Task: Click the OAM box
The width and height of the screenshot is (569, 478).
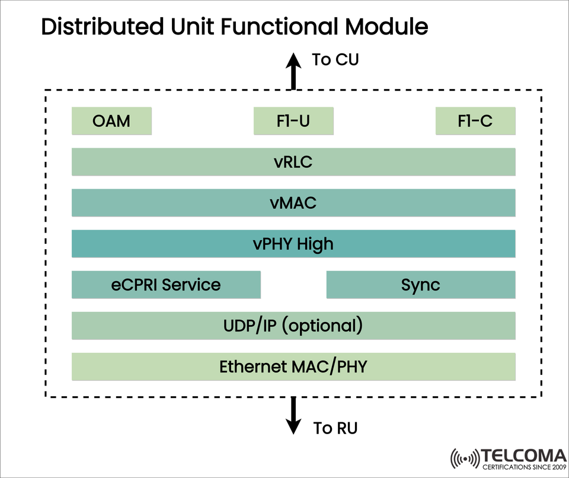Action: point(111,121)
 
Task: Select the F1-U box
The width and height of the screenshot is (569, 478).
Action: point(293,121)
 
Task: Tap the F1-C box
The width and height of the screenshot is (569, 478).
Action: point(475,121)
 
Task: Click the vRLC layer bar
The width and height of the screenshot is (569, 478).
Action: point(293,162)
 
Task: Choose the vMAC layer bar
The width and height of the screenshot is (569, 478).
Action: point(293,203)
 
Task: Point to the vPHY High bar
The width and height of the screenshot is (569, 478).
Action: point(293,244)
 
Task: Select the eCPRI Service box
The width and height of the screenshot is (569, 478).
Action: point(166,285)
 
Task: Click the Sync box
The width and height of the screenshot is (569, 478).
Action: point(421,285)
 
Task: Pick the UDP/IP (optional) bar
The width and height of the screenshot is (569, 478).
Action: point(293,326)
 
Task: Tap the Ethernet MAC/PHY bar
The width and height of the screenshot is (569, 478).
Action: point(293,367)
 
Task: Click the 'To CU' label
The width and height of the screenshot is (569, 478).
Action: point(335,59)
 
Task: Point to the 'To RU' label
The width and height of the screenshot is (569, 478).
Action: point(335,428)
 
